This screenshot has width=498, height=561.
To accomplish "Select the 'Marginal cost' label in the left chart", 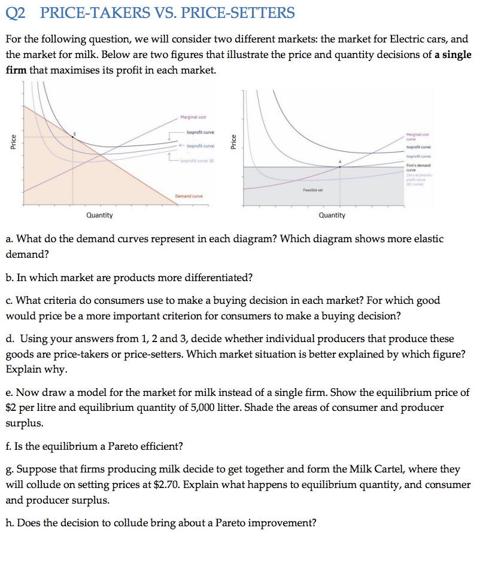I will click(x=191, y=117).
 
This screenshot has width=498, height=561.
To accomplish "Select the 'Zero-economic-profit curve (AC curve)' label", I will click(x=418, y=179).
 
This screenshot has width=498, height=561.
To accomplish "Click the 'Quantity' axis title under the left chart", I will click(x=99, y=215).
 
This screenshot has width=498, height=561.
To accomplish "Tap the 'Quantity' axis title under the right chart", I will click(x=332, y=215).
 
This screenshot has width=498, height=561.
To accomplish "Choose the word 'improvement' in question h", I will click(x=281, y=523).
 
